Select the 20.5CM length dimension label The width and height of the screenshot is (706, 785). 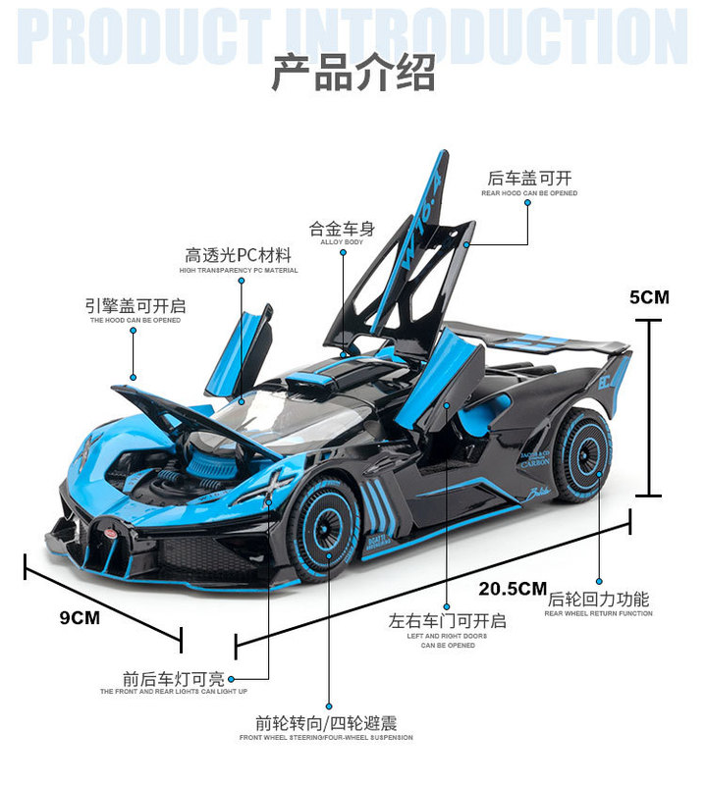tap(513, 589)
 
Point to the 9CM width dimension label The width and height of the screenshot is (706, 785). tap(81, 617)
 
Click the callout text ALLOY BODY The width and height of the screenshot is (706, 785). tap(342, 241)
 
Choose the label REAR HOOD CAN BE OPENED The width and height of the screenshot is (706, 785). tap(529, 193)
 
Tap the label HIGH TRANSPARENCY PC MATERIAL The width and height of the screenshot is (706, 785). tap(239, 270)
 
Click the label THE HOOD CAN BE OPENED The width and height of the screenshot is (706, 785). tap(136, 320)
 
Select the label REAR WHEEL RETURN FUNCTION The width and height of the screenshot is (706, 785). tap(598, 613)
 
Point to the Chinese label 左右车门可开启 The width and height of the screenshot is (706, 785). tap(447, 620)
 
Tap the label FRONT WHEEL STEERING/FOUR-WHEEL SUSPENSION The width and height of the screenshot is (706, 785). tap(326, 737)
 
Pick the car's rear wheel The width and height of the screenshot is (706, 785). tap(581, 455)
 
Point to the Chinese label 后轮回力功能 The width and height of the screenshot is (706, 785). tap(598, 599)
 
